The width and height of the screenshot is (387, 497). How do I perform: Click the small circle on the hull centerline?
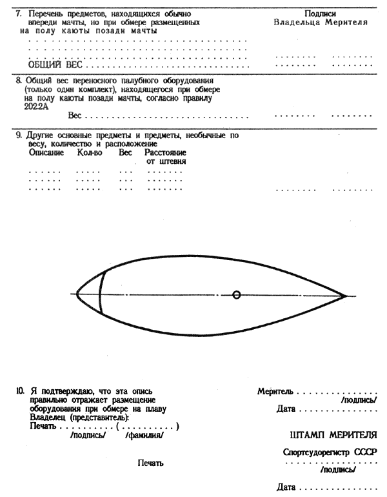pyautogui.click(x=237, y=294)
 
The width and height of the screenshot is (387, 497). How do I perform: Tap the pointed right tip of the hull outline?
pyautogui.click(x=346, y=296)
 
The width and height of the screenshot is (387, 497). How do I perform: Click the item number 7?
pyautogui.click(x=19, y=13)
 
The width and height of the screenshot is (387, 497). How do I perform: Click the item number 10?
pyautogui.click(x=20, y=391)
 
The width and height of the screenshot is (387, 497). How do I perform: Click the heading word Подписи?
pyautogui.click(x=321, y=13)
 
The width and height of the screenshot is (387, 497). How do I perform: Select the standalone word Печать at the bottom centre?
pyautogui.click(x=151, y=463)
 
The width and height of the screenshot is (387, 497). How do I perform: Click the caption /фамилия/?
pyautogui.click(x=144, y=435)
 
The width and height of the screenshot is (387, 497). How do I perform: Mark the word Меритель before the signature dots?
pyautogui.click(x=275, y=391)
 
